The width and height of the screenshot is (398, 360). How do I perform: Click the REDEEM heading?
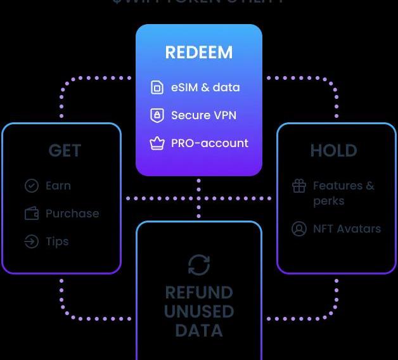pyautogui.click(x=198, y=53)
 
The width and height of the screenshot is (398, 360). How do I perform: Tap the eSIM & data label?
pyautogui.click(x=205, y=87)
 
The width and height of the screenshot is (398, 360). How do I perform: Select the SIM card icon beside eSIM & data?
pyautogui.click(x=157, y=87)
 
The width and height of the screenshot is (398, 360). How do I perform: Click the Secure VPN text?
pyautogui.click(x=200, y=115)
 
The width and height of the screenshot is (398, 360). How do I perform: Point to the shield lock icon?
pyautogui.click(x=157, y=115)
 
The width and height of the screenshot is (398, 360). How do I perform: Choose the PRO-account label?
pyautogui.click(x=210, y=143)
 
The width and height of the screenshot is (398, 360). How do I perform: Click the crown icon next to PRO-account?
pyautogui.click(x=157, y=143)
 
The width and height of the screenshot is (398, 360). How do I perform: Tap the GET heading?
pyautogui.click(x=65, y=151)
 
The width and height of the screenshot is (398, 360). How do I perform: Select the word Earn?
pyautogui.click(x=58, y=186)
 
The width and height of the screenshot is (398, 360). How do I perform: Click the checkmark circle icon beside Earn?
pyautogui.click(x=31, y=186)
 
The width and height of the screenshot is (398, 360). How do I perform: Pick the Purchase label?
pyautogui.click(x=72, y=214)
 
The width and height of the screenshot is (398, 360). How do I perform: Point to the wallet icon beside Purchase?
pyautogui.click(x=31, y=214)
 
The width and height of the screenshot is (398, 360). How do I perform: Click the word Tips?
pyautogui.click(x=57, y=241)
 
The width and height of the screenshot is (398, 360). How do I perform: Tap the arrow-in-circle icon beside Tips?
pyautogui.click(x=31, y=241)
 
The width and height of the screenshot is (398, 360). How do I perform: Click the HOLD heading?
pyautogui.click(x=333, y=151)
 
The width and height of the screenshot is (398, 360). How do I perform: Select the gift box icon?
pyautogui.click(x=299, y=186)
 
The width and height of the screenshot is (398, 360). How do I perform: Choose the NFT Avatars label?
pyautogui.click(x=347, y=229)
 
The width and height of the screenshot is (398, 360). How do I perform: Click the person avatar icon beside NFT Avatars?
pyautogui.click(x=299, y=229)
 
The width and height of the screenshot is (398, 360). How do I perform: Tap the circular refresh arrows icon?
pyautogui.click(x=199, y=264)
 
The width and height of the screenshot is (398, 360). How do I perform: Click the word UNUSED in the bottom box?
pyautogui.click(x=199, y=312)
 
